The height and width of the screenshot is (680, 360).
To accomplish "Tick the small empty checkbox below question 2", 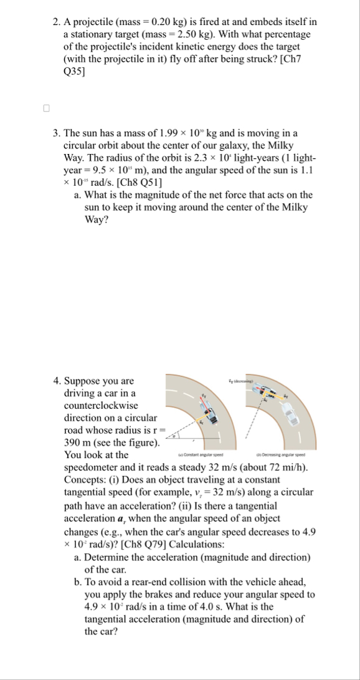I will (45, 108).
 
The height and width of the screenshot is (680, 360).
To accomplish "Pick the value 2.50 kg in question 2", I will (272, 35).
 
